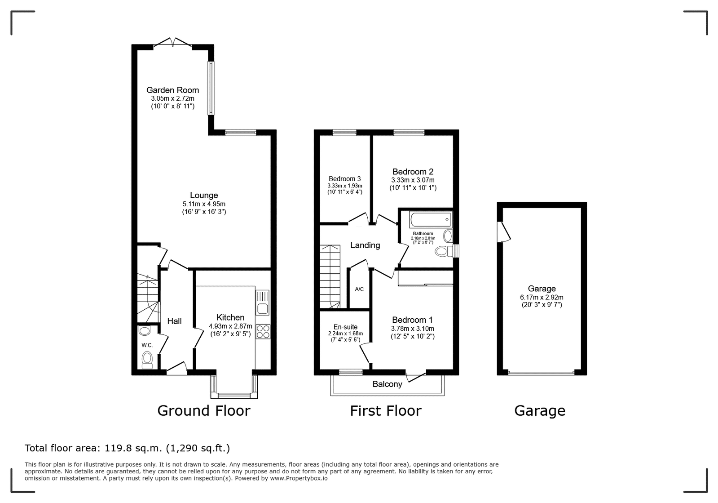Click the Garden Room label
point(173,90)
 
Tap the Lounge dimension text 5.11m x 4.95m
point(204,204)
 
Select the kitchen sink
point(263,303)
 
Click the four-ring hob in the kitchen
point(263,332)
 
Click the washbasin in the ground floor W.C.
point(145,331)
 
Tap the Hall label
point(174,321)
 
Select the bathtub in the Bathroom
point(431,220)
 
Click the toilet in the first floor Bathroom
point(444,251)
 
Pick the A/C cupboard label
point(359,289)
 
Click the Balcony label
point(387,384)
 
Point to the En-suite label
point(346,327)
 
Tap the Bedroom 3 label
point(345,179)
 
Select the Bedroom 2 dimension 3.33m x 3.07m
point(413,180)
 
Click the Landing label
point(365,245)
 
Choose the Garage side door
point(503,231)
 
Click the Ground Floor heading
point(204,410)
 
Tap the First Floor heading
point(386,410)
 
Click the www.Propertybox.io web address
point(299,478)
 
